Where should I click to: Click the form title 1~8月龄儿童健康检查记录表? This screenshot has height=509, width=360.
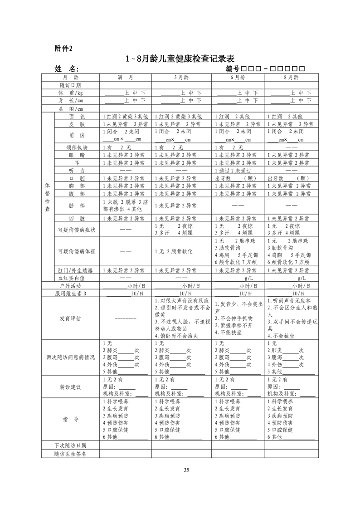click(x=180, y=59)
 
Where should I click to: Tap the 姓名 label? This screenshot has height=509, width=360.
click(x=67, y=69)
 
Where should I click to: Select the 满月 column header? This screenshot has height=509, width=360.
click(x=125, y=77)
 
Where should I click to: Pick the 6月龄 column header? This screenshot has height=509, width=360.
click(x=237, y=77)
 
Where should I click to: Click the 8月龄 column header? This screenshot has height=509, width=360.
click(x=291, y=77)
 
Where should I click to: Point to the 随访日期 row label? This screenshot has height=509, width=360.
click(x=70, y=85)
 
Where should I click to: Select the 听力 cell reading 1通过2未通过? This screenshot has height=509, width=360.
click(x=233, y=170)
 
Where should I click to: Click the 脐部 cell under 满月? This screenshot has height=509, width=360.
click(x=125, y=206)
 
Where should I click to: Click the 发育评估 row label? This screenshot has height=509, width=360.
click(x=70, y=318)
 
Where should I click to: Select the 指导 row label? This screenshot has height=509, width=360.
click(x=70, y=419)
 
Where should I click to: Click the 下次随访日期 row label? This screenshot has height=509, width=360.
click(x=70, y=445)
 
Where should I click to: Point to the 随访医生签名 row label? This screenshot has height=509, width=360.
click(x=70, y=453)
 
